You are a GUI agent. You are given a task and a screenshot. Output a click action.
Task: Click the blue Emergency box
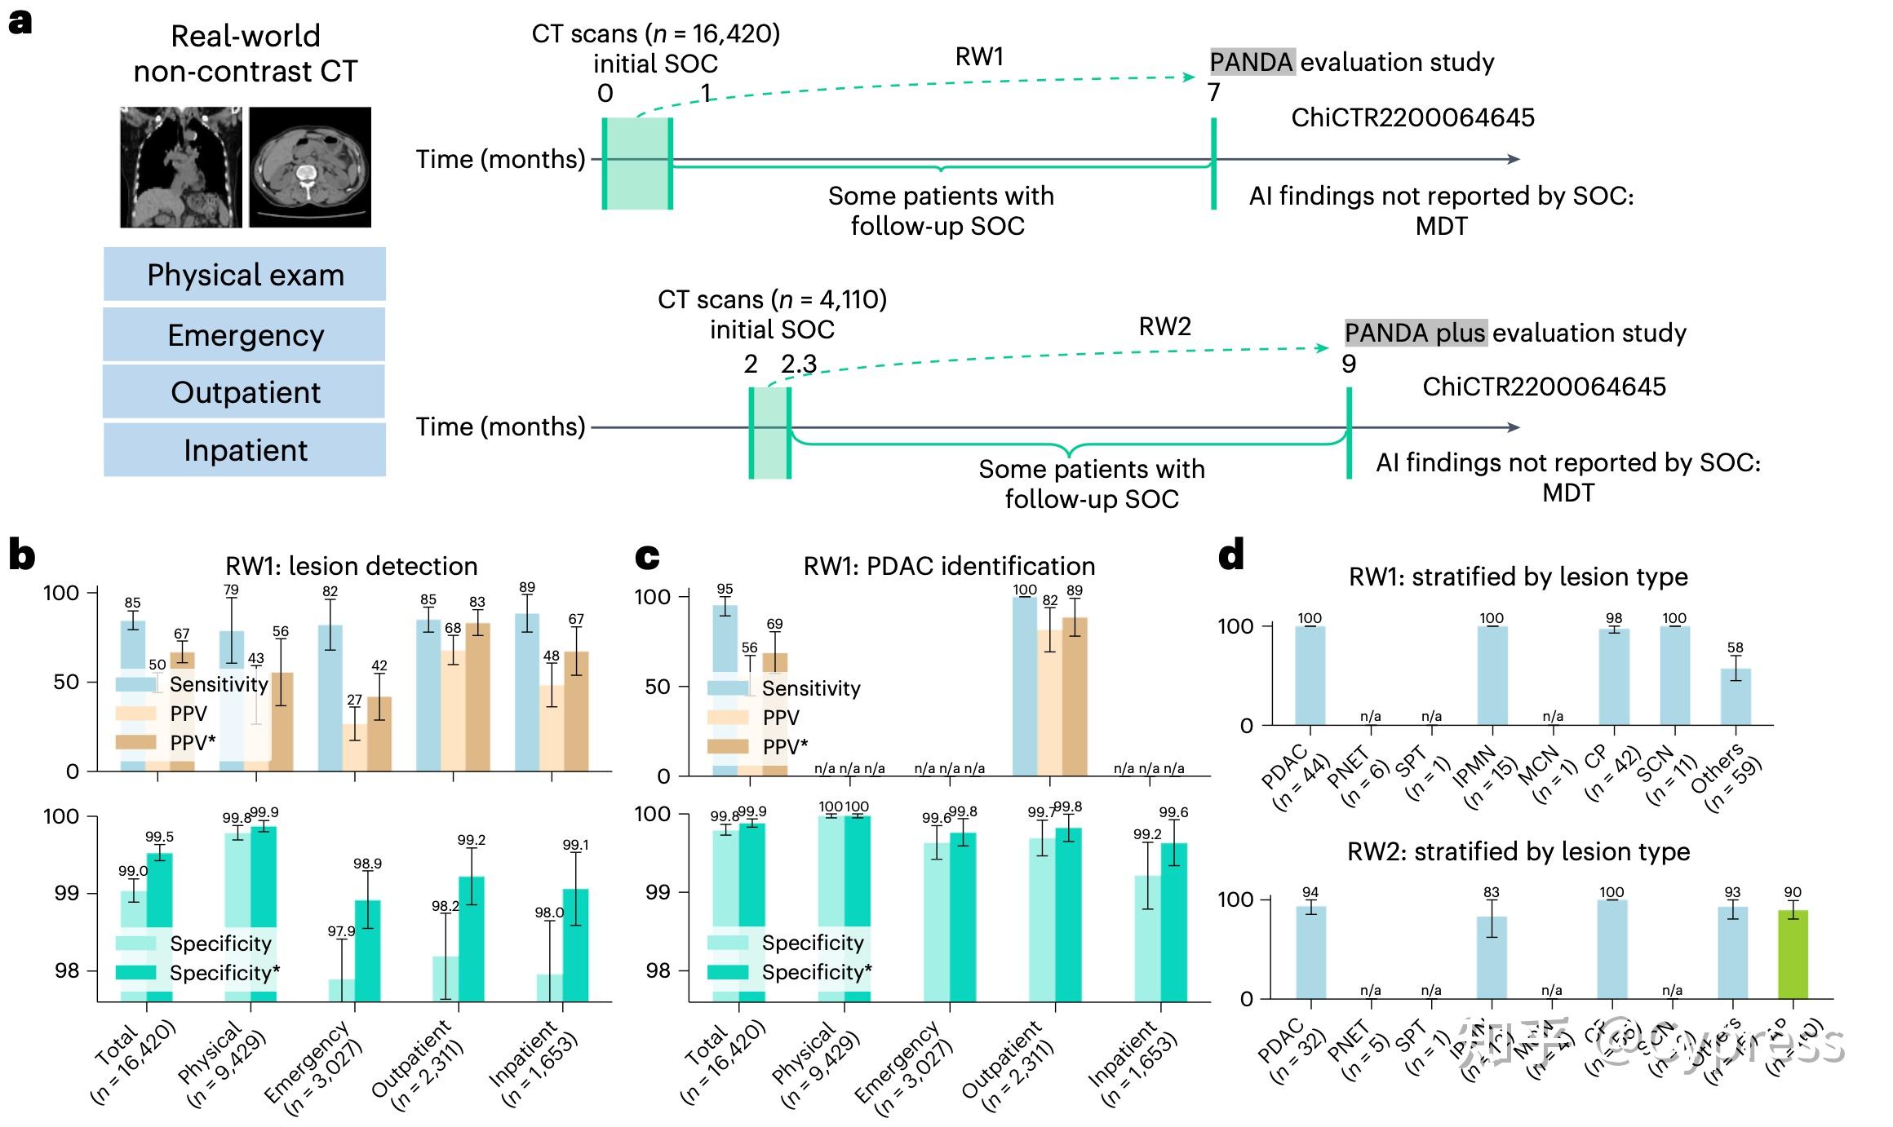pos(244,335)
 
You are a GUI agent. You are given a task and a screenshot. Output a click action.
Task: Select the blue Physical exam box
pos(244,275)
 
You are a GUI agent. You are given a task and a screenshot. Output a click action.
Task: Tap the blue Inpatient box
pos(244,450)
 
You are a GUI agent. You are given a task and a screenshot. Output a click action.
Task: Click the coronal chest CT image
pos(180,167)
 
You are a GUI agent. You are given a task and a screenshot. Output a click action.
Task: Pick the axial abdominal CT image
pos(309,167)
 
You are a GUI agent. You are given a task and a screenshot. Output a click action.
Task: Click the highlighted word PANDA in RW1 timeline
pos(1252,62)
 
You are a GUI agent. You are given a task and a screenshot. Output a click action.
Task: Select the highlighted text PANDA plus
pos(1416,333)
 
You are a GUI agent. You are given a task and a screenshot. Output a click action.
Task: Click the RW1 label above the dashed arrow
pos(979,56)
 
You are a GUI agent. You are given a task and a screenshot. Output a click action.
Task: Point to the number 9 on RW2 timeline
pos(1349,364)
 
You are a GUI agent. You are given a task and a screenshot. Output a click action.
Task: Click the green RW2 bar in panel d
pos(1793,954)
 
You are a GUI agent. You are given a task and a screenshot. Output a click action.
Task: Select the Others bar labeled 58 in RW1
pos(1736,697)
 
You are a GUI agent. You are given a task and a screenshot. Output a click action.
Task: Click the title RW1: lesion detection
pos(352,566)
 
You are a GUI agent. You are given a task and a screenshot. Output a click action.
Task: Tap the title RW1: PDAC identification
pos(949,566)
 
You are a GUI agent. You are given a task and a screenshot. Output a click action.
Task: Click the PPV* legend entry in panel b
pos(193,743)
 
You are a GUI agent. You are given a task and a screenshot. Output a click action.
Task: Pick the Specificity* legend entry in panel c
pos(816,972)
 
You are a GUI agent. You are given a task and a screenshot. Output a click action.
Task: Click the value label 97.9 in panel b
pos(341,931)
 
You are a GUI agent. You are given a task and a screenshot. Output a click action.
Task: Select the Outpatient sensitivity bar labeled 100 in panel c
pos(1025,685)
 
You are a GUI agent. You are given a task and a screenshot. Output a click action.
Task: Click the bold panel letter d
pos(1231,557)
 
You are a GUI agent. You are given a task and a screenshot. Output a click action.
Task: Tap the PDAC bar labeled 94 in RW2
pos(1310,952)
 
